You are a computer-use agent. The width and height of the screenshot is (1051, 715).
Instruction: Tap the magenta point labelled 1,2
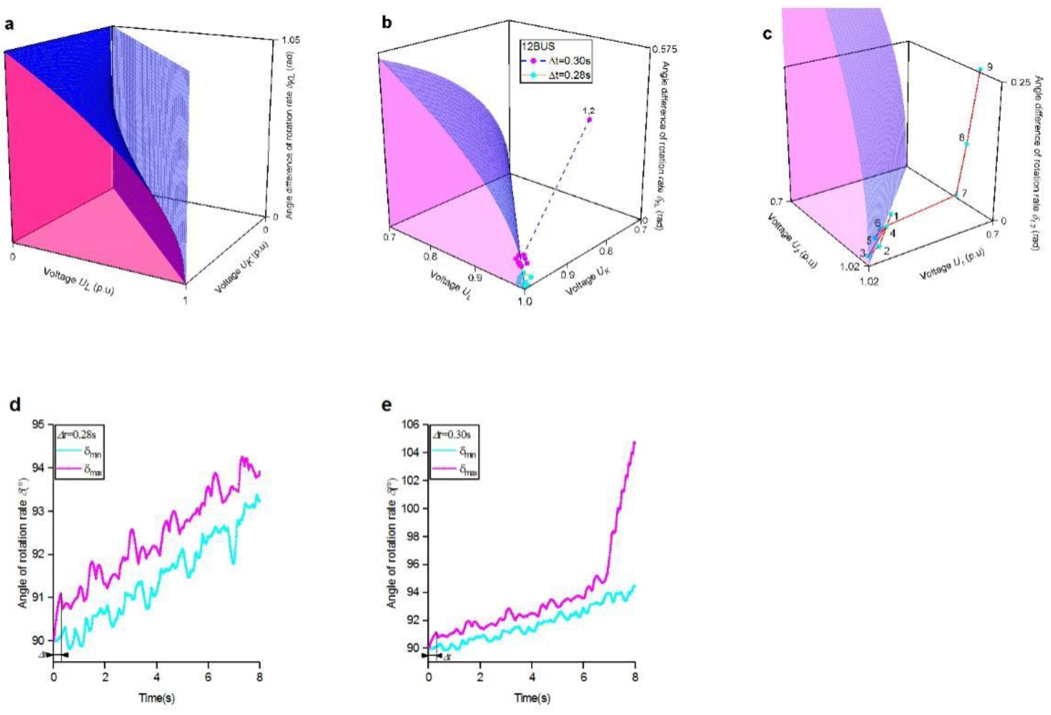[x=589, y=119]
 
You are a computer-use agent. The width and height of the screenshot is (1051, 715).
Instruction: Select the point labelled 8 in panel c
[x=967, y=144]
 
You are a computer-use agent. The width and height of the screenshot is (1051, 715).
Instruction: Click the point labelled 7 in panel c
[x=956, y=195]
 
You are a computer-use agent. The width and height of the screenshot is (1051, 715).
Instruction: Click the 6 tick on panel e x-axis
[x=583, y=678]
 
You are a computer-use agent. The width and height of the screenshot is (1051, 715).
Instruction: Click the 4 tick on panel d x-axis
[x=157, y=678]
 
